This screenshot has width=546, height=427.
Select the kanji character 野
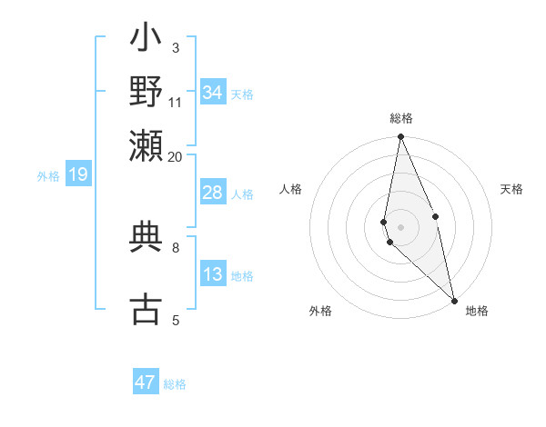147,92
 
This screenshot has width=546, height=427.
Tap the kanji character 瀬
147,145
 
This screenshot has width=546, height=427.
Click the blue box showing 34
213,93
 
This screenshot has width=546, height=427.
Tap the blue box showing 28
213,193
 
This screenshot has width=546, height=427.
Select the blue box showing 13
213,274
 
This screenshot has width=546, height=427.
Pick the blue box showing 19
78,174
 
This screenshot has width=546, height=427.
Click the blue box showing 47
146,382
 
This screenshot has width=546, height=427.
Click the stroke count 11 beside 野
176,102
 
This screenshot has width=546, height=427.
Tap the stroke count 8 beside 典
176,246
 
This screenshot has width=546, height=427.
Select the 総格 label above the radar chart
401,118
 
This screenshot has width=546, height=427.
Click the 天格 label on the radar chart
511,189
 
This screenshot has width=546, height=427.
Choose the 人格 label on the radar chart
291,189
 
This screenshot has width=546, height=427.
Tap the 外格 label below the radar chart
320,311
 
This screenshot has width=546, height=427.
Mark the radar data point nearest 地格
454,299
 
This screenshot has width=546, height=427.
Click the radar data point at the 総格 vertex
400,137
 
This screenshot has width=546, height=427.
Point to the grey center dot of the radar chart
400,226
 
